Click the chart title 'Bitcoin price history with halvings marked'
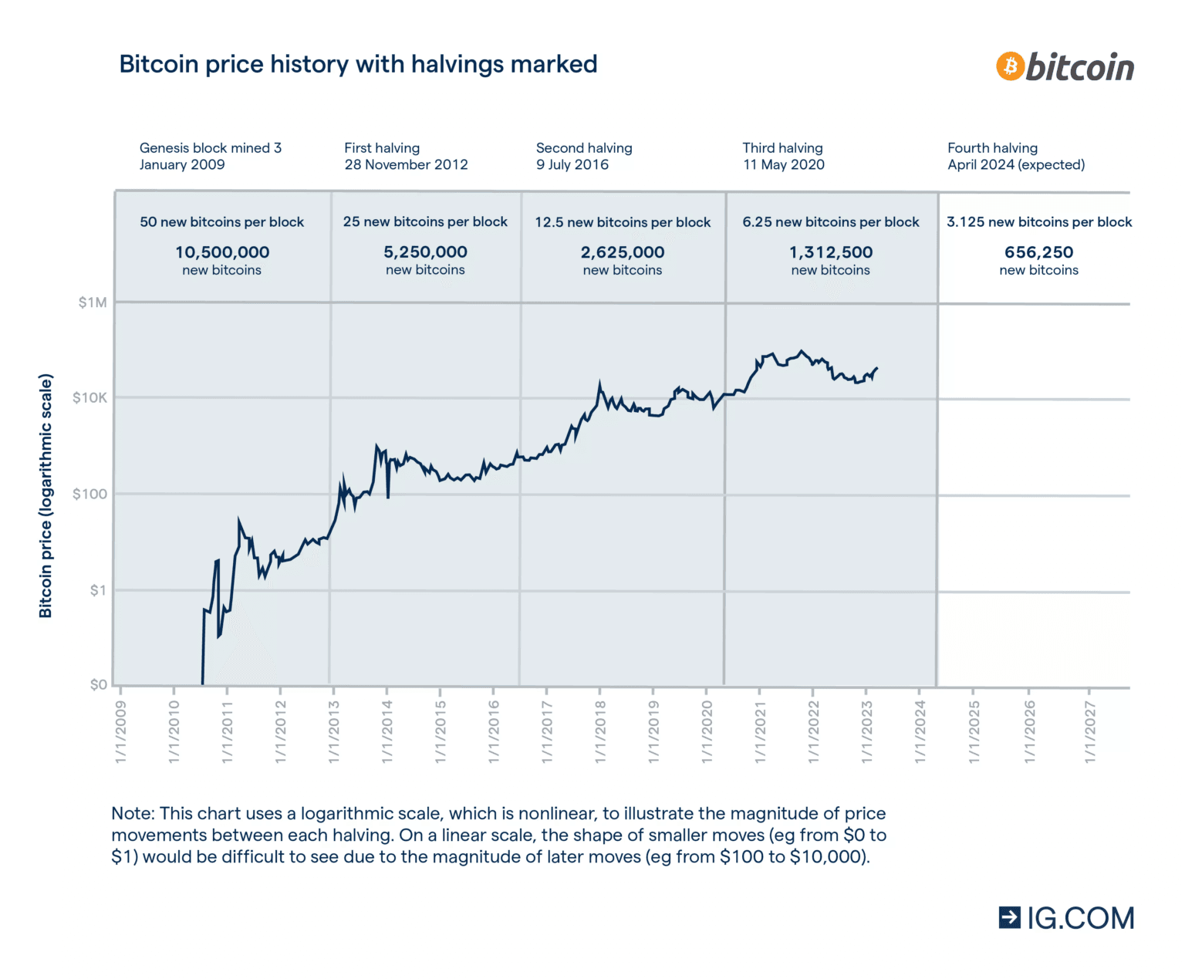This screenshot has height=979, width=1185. [358, 64]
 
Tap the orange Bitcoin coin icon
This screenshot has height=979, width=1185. [1010, 66]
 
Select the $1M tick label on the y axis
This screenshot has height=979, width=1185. [93, 302]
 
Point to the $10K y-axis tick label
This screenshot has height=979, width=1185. [89, 398]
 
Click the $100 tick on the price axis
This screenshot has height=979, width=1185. [89, 494]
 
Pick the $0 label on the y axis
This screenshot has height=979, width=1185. [99, 684]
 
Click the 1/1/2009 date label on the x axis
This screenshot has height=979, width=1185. [121, 731]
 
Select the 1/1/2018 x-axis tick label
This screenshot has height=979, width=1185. [601, 731]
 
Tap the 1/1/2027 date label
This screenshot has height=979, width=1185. [1090, 731]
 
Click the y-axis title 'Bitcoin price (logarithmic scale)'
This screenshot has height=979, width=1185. [46, 496]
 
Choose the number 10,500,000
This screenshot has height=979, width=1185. [222, 252]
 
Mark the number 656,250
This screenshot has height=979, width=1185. [1038, 252]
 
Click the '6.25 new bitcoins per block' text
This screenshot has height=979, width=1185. [831, 222]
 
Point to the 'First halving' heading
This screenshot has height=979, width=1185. [382, 148]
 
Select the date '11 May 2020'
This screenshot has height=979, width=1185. [784, 165]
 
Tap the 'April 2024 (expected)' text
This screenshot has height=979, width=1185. [1016, 165]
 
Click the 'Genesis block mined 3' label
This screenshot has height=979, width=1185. [211, 148]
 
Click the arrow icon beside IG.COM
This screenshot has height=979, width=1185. [1009, 917]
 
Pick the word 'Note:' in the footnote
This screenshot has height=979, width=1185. [133, 814]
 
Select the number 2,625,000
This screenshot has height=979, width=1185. [623, 252]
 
